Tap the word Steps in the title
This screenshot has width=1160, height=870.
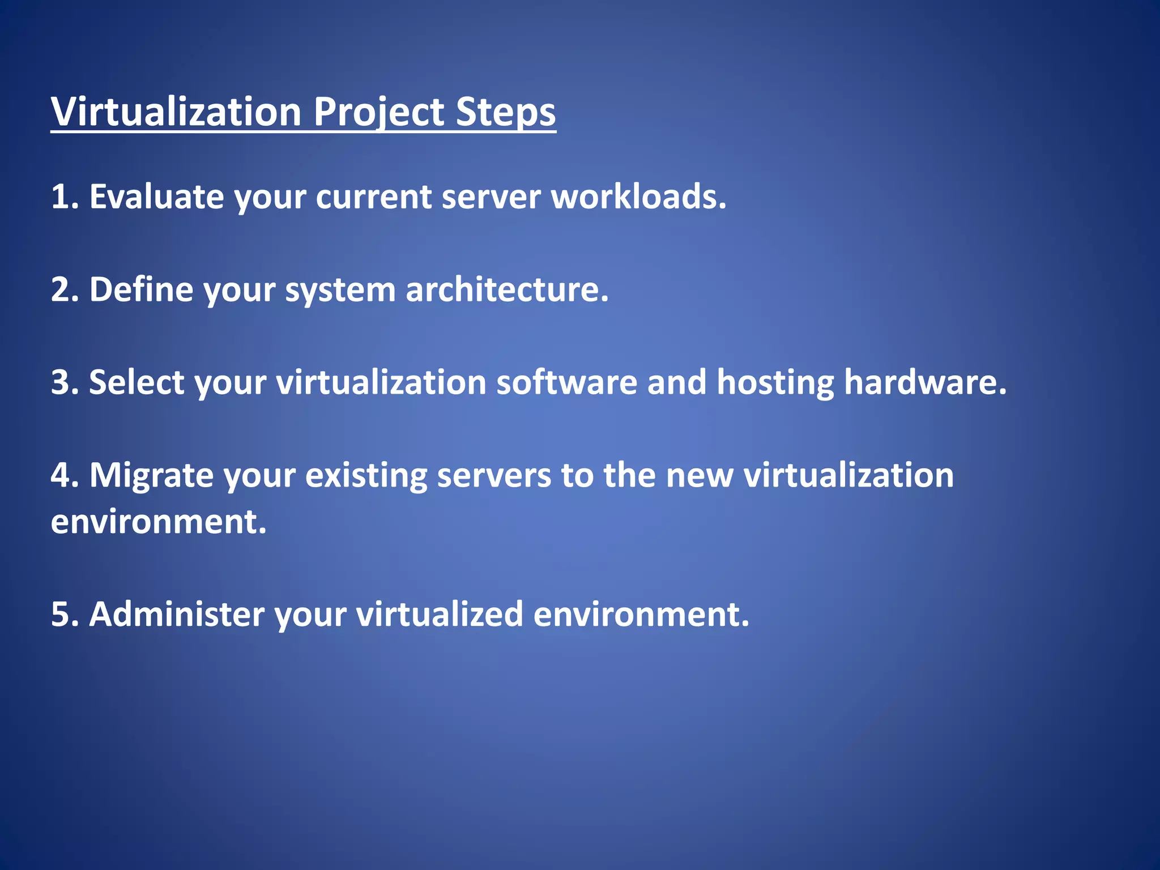pyautogui.click(x=505, y=112)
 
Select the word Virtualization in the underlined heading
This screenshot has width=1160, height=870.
pyautogui.click(x=176, y=112)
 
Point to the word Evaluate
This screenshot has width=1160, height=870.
pyautogui.click(x=156, y=197)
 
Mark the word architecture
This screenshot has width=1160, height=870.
pyautogui.click(x=506, y=289)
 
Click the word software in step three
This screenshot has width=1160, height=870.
pyautogui.click(x=566, y=382)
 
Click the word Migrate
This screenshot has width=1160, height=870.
pyautogui.click(x=151, y=476)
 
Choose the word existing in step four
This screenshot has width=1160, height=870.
pyautogui.click(x=366, y=476)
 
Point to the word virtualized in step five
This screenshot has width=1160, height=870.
pyautogui.click(x=439, y=615)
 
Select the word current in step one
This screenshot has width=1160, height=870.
pyautogui.click(x=373, y=198)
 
